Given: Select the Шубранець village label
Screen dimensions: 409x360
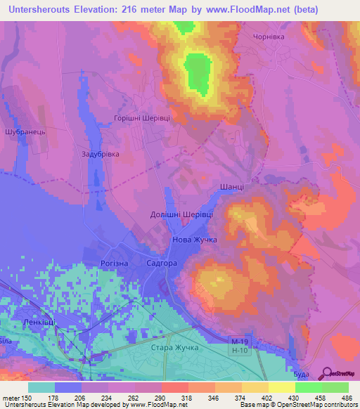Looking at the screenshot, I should [25, 131].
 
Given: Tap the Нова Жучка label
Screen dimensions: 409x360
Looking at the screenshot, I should [195, 240].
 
